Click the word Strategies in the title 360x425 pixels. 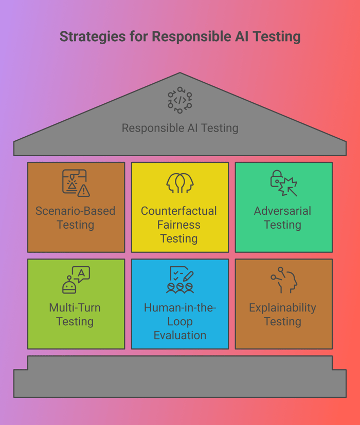click(x=93, y=37)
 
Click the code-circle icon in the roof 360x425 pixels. click(x=180, y=100)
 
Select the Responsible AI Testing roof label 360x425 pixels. click(x=180, y=128)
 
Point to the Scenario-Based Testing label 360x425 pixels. click(x=76, y=218)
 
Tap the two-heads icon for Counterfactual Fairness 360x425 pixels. click(x=180, y=183)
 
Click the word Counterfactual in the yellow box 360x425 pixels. click(x=179, y=211)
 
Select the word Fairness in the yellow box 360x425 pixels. click(x=179, y=225)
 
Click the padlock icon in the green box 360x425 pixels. click(x=277, y=179)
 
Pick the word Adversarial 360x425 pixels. click(x=282, y=211)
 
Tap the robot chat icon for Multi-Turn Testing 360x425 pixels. click(x=76, y=280)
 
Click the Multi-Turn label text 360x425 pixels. click(x=75, y=308)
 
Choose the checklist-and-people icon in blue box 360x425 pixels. click(x=180, y=280)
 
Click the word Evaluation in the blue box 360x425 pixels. click(x=180, y=335)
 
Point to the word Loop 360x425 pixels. click(x=180, y=322)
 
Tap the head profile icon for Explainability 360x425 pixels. click(x=284, y=280)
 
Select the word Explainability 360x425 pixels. click(x=282, y=308)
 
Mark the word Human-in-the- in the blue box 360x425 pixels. click(x=180, y=308)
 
